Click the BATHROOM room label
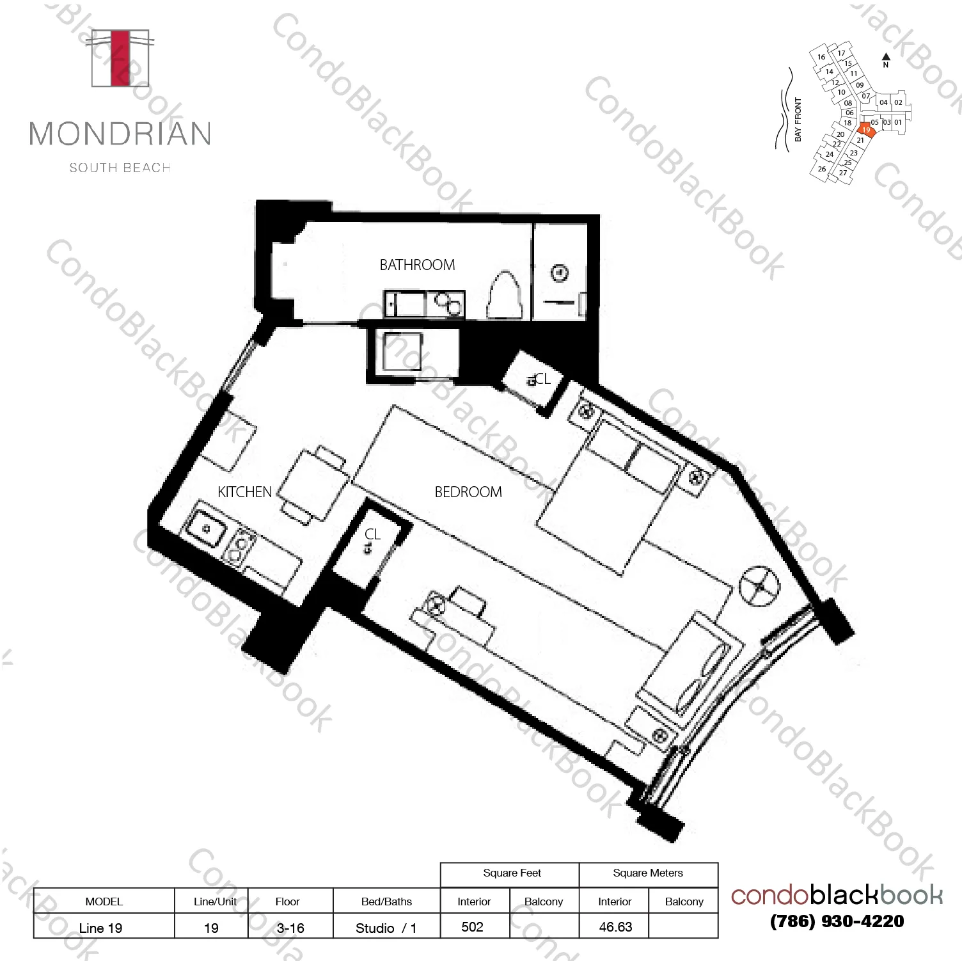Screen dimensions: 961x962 [x=417, y=265]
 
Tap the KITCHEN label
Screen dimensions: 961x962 [x=244, y=492]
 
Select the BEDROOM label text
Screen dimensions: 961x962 [x=468, y=492]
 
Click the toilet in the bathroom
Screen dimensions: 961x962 [x=505, y=296]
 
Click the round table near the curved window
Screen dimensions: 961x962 [x=759, y=586]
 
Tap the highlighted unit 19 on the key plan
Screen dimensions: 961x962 [x=865, y=129]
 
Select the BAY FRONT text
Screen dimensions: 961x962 [x=798, y=120]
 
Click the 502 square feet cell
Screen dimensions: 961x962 [x=473, y=927]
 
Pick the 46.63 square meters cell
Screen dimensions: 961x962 [x=615, y=927]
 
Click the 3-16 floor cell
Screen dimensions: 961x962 [x=290, y=928]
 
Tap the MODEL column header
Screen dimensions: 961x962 [x=104, y=901]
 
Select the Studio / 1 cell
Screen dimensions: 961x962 [x=386, y=928]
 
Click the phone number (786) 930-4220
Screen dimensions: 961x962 [x=837, y=921]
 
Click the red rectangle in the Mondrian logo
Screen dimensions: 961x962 [x=120, y=58]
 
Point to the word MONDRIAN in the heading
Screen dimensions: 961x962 [x=120, y=134]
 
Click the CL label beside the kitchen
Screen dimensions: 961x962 [x=372, y=534]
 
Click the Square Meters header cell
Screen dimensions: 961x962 [x=647, y=873]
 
